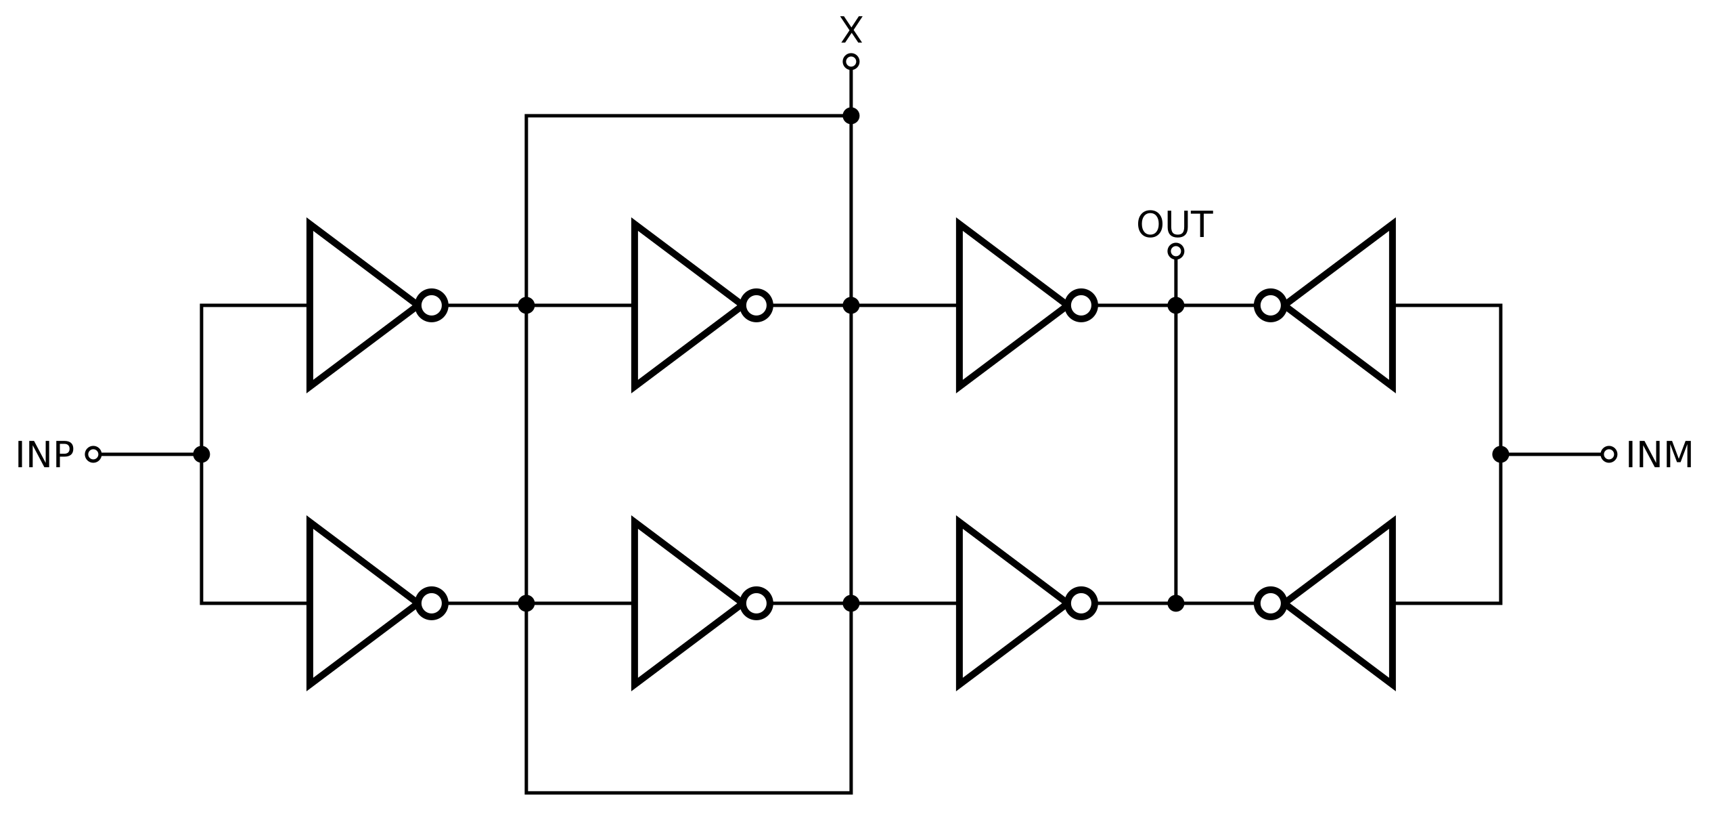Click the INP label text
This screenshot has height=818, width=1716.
(x=45, y=455)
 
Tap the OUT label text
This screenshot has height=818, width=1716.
(x=1174, y=225)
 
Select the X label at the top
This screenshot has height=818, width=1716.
(x=851, y=31)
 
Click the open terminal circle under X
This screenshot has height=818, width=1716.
(x=851, y=62)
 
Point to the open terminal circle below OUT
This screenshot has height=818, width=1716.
(x=1175, y=251)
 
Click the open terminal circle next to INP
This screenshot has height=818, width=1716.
(x=93, y=454)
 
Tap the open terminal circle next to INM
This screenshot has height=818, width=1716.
(x=1608, y=454)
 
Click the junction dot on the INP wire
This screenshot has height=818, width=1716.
(x=201, y=454)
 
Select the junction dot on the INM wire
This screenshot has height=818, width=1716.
(x=1500, y=454)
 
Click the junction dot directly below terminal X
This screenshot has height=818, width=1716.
(x=851, y=116)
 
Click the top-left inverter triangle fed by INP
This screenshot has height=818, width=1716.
(x=352, y=305)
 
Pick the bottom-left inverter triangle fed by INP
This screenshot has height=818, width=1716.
(x=352, y=603)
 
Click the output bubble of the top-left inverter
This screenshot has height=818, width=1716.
(x=432, y=305)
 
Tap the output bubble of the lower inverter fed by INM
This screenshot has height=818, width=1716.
(x=1270, y=603)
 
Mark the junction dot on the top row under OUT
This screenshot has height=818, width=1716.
(x=1175, y=305)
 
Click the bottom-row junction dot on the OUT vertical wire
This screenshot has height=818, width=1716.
(x=1175, y=603)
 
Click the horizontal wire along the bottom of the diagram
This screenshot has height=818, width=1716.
(x=688, y=792)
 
